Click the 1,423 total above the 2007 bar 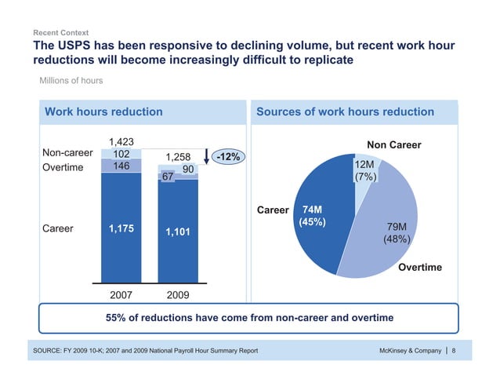(120, 142)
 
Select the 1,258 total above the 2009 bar (178, 157)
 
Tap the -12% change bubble (228, 158)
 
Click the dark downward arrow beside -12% (205, 158)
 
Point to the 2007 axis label (120, 296)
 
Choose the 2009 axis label (178, 296)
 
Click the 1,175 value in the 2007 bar (120, 228)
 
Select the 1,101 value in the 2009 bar (178, 232)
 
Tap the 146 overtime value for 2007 (120, 166)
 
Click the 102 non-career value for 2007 (120, 155)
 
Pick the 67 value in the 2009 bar (166, 177)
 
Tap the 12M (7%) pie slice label (365, 171)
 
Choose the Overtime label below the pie (420, 268)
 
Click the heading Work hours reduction (103, 112)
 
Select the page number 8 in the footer (455, 351)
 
